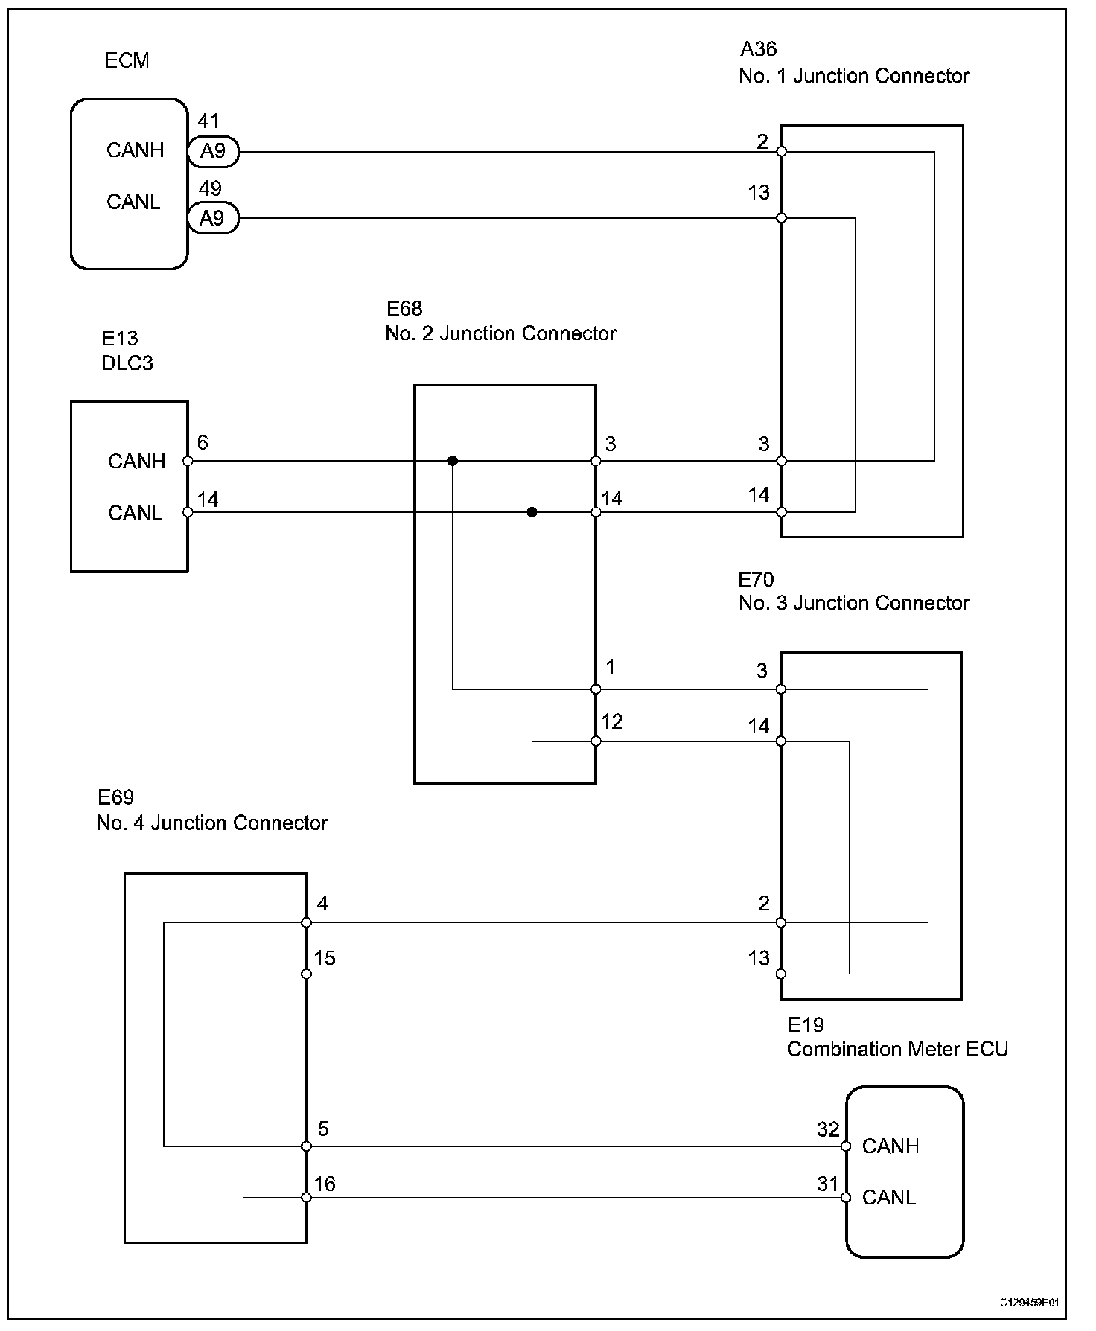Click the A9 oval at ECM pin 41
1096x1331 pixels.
[x=213, y=152]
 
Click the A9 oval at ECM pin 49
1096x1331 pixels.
[x=213, y=218]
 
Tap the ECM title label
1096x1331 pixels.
[x=127, y=60]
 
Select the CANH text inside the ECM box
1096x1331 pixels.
[x=135, y=150]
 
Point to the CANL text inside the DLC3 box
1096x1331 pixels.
[x=135, y=513]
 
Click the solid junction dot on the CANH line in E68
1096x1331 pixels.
[x=453, y=461]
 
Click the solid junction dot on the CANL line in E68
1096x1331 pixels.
[x=532, y=512]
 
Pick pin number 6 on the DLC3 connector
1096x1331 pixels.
[x=203, y=443]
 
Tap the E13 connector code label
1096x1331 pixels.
[x=120, y=339]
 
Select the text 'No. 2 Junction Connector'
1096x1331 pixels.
[x=500, y=333]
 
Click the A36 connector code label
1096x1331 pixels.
[x=758, y=49]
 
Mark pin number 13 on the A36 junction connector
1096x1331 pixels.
[x=759, y=193]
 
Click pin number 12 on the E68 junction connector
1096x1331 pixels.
[x=612, y=721]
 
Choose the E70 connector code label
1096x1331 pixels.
[x=756, y=579]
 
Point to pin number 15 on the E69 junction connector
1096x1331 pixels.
[x=325, y=958]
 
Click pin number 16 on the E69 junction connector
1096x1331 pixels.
[x=325, y=1184]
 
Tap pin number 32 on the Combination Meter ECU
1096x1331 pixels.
[x=828, y=1129]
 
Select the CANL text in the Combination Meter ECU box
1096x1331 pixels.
[x=889, y=1197]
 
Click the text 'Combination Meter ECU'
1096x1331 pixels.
[x=897, y=1050]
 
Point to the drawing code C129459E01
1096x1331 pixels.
[x=1029, y=1303]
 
